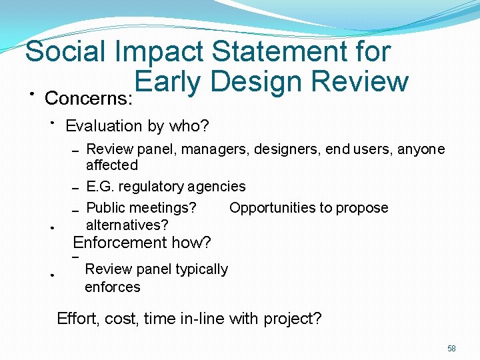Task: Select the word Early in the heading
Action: click(167, 82)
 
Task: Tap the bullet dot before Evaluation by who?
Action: click(52, 122)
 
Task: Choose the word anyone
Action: click(421, 149)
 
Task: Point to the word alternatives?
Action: click(127, 225)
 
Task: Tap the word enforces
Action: click(112, 287)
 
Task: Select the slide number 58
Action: click(451, 349)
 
